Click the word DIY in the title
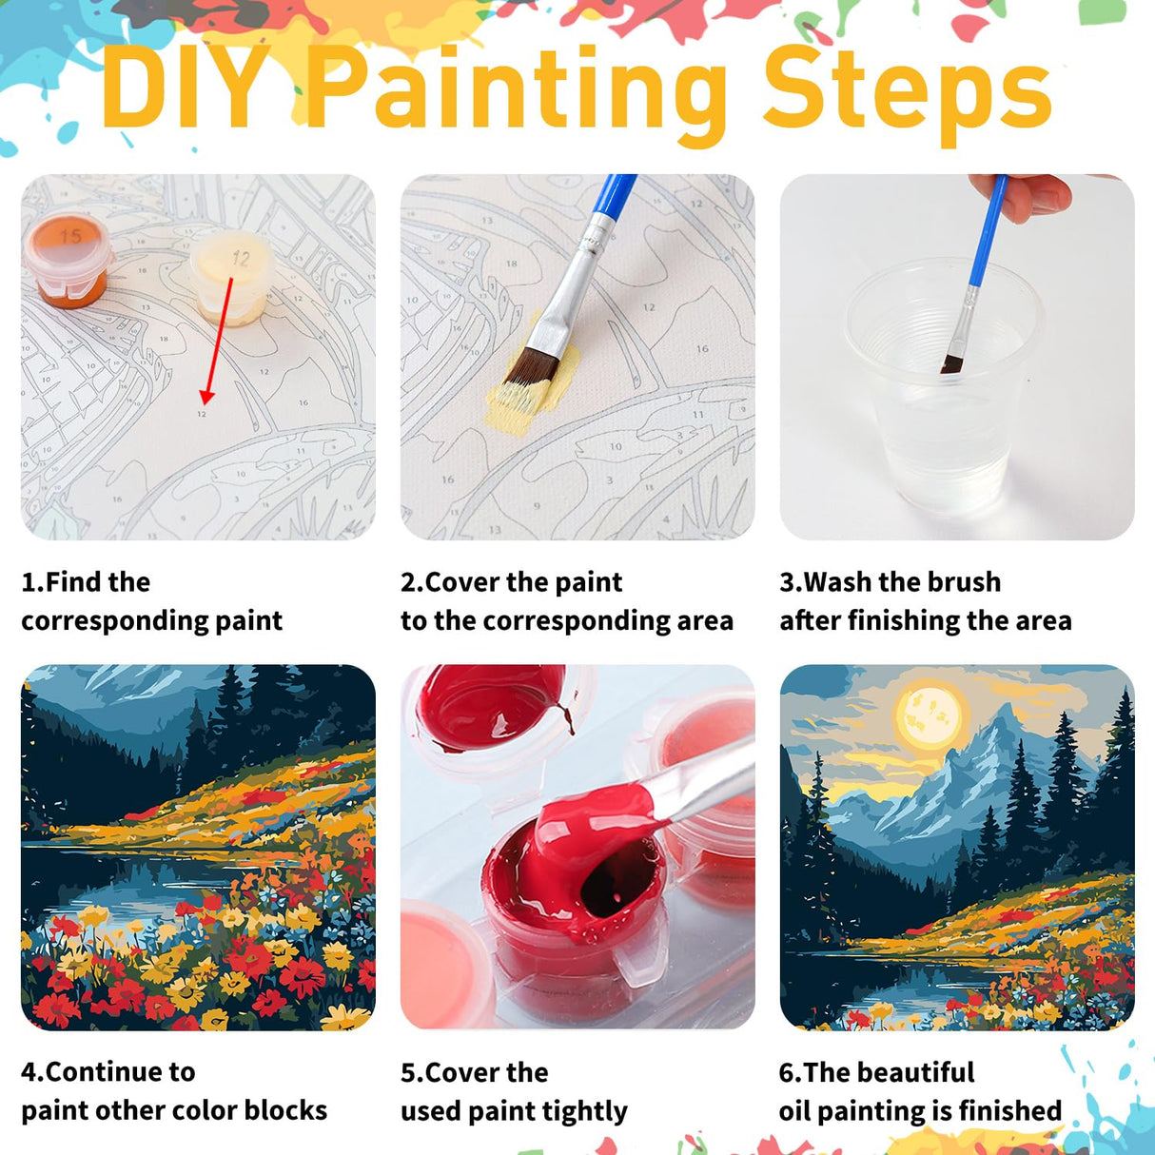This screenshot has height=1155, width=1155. pos(186,88)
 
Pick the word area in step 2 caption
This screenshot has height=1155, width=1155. pos(705,620)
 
